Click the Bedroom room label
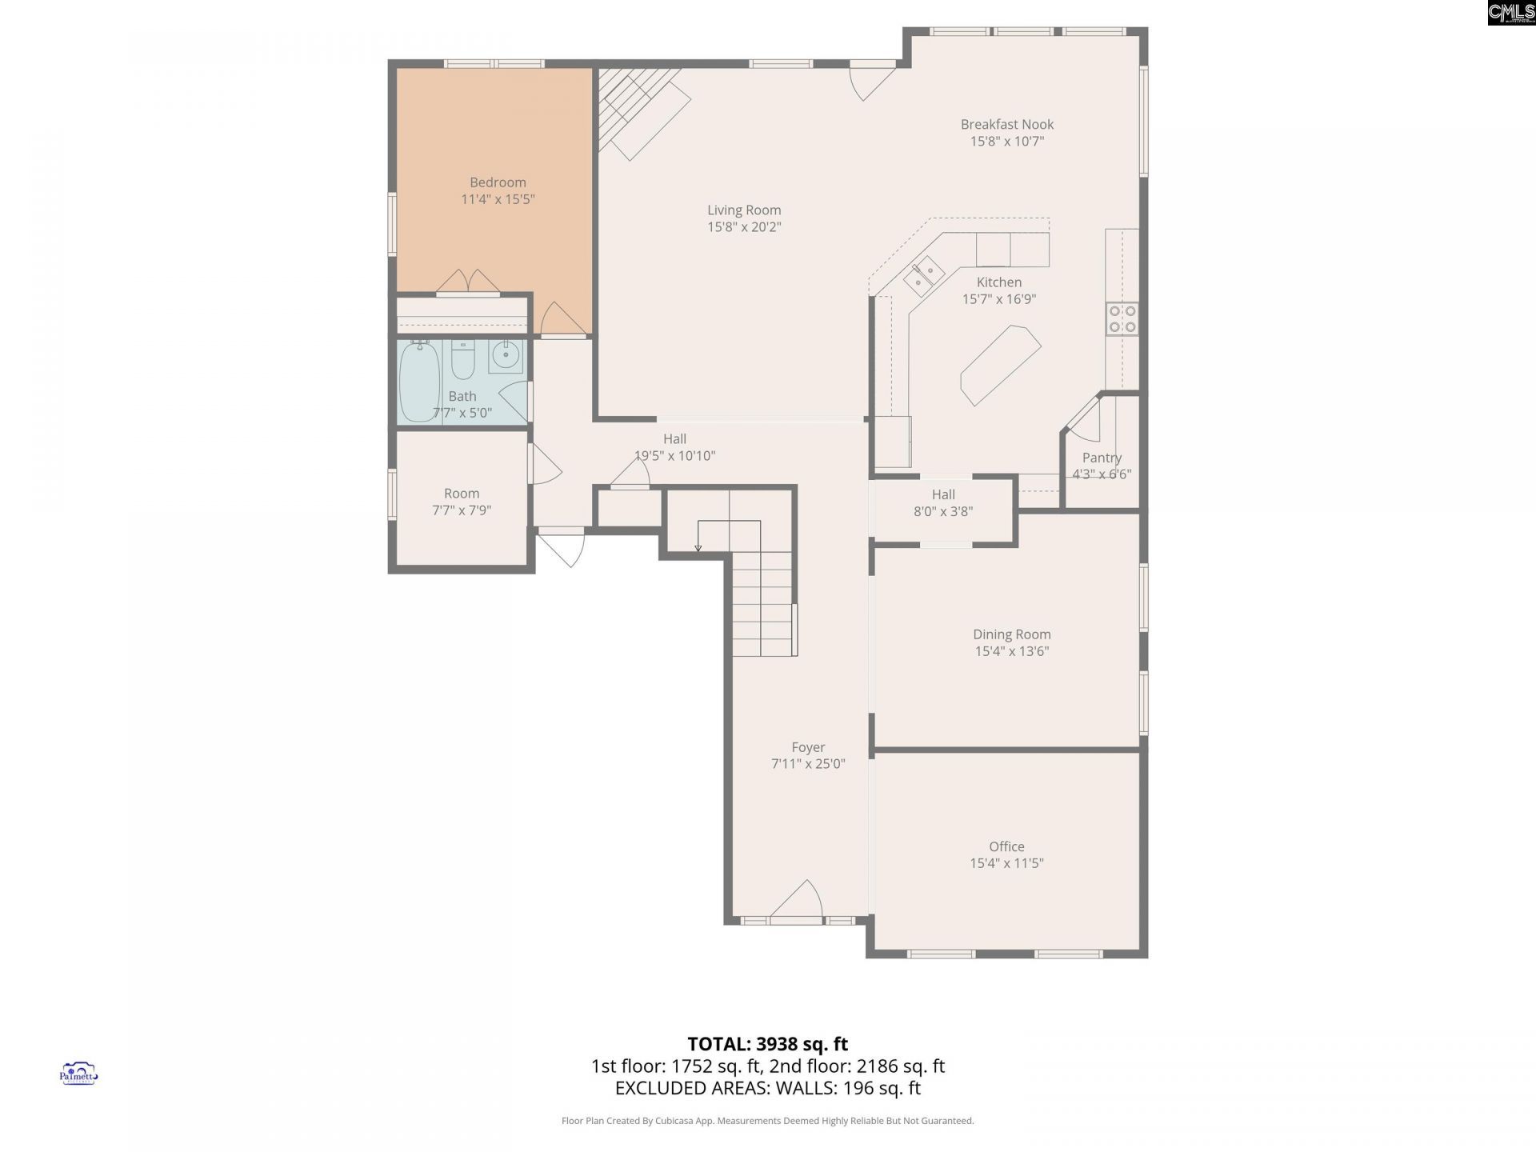(x=498, y=182)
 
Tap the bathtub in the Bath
(x=419, y=382)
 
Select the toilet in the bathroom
(x=463, y=361)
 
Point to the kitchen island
(x=1000, y=365)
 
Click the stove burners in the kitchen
(x=1122, y=318)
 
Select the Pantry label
(x=1102, y=458)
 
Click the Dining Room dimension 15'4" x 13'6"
(x=1011, y=651)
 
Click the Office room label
(x=1006, y=846)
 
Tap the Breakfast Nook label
(x=1006, y=124)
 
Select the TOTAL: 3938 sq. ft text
(x=767, y=1044)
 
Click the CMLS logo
(x=1511, y=13)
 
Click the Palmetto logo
(x=78, y=1074)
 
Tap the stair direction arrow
(x=698, y=547)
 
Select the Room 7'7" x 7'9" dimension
(x=462, y=510)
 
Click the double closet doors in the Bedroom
(x=469, y=282)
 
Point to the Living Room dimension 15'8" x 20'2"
(x=744, y=227)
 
